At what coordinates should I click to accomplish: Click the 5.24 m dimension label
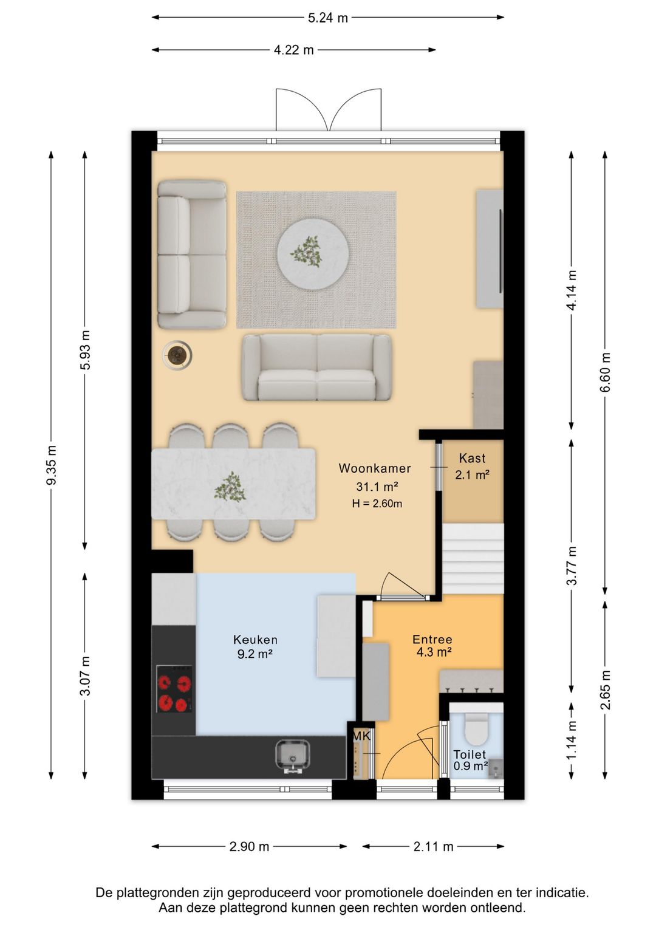click(328, 18)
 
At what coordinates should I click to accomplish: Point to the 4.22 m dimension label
click(294, 50)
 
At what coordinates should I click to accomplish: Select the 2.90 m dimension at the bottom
click(249, 847)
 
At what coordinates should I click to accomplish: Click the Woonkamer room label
click(375, 468)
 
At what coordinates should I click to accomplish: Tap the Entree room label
click(432, 640)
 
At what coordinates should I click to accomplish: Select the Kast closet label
click(472, 458)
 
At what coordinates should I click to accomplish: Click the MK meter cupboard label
click(361, 736)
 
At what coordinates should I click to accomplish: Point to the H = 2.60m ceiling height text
click(377, 504)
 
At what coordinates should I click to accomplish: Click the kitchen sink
click(293, 757)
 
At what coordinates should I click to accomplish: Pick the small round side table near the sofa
click(177, 355)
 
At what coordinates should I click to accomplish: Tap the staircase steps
click(473, 558)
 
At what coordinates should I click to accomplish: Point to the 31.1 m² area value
click(377, 486)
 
